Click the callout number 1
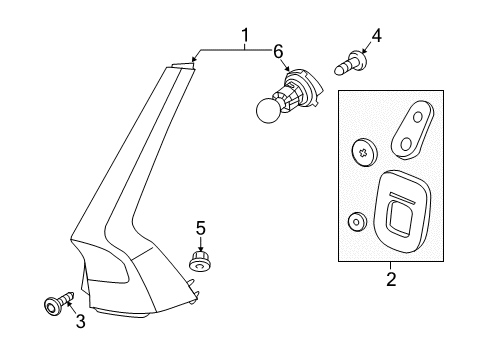243,37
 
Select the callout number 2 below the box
391,279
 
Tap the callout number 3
79,321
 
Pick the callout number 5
200,229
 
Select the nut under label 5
198,262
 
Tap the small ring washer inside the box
355,221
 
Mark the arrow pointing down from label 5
200,244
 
